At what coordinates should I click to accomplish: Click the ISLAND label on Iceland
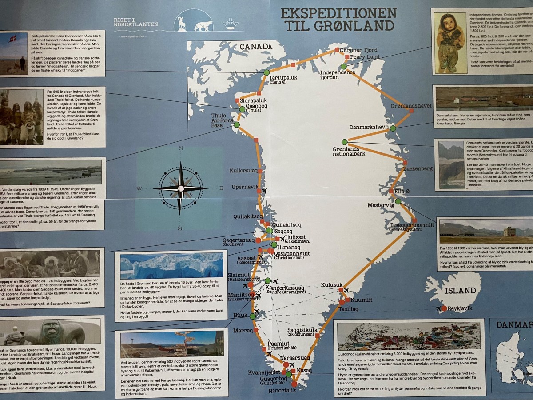(x=460, y=291)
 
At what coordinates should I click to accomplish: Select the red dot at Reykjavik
(x=443, y=308)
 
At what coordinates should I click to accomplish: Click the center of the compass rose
(x=180, y=188)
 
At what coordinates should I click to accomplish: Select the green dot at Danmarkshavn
(x=393, y=128)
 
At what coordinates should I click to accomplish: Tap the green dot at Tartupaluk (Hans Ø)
(x=266, y=72)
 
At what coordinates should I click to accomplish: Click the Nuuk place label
(x=240, y=315)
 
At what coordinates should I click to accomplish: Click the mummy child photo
(x=449, y=42)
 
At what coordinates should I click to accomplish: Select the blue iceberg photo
(x=171, y=266)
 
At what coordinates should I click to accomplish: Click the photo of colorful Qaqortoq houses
(x=408, y=336)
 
